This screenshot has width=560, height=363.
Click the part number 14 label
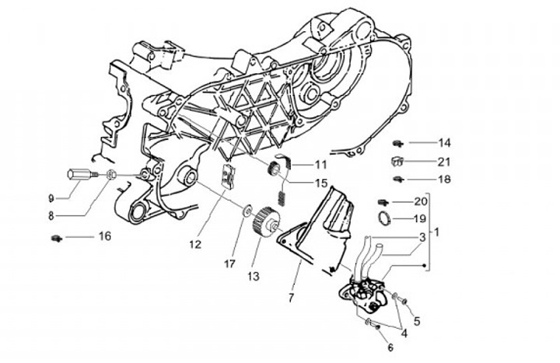coord(444,143)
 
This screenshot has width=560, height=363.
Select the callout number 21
coord(444,162)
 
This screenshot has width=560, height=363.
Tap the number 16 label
coord(105,236)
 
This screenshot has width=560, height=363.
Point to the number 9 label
coord(51,198)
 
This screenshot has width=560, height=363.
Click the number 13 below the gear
coord(253,276)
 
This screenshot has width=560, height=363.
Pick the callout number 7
coord(292,298)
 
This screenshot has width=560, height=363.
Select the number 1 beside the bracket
coord(436,232)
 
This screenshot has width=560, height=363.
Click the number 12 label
coord(195,245)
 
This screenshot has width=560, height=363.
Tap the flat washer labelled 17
coord(247,211)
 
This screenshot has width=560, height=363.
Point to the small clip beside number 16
coord(57,238)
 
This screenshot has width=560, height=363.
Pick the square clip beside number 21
coord(397,162)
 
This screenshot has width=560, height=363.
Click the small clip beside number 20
coord(383,203)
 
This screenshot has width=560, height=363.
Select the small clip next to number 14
coord(397,144)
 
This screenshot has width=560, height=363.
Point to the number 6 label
coord(390,347)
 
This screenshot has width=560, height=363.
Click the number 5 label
coord(417,321)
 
